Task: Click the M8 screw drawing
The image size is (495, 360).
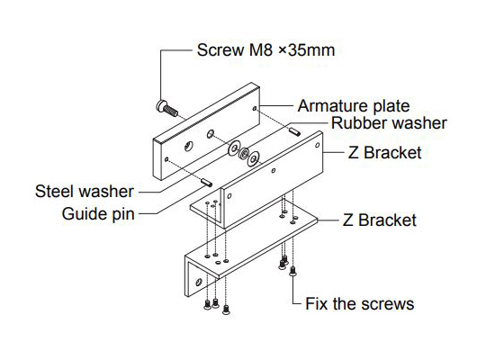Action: pos(167,108)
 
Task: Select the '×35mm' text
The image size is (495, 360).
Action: pos(306,50)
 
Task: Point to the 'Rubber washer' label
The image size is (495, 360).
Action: pos(389,122)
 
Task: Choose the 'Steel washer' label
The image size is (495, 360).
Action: pos(85,192)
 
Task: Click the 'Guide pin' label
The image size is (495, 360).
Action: pos(98,214)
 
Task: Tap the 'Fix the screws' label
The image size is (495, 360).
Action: pos(360,304)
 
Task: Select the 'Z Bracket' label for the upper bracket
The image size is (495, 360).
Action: pos(385,152)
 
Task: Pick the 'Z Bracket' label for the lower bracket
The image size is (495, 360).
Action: pos(380,220)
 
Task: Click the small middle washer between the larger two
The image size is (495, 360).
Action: pos(244,154)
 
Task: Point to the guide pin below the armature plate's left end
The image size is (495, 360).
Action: pos(206,182)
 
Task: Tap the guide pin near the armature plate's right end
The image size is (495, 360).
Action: pos(295,131)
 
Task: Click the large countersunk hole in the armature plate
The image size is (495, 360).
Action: pos(189,146)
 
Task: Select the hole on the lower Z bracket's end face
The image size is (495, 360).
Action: pos(199,282)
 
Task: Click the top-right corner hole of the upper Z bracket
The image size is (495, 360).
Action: pos(318,145)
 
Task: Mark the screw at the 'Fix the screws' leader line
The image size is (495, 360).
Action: pos(292,271)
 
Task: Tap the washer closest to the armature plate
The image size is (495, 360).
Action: pos(235,148)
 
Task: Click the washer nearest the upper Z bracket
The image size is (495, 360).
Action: pos(253,158)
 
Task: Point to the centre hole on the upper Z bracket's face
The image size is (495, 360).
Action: pos(274,171)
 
